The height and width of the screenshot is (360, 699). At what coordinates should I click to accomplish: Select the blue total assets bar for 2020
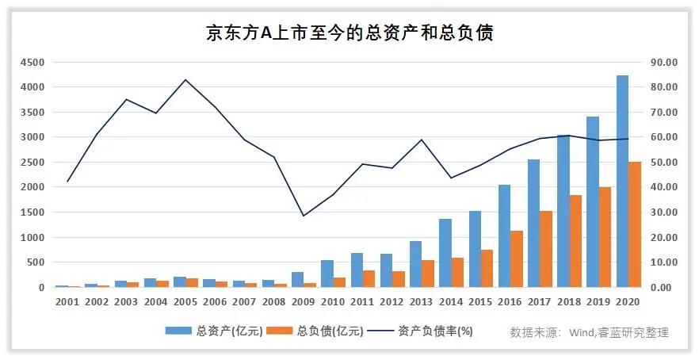coord(622,182)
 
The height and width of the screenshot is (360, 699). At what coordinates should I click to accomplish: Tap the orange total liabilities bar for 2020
coord(634,225)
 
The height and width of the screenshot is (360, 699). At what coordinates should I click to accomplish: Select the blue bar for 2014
coord(445,253)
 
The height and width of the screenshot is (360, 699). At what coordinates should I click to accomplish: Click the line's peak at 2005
coord(185,79)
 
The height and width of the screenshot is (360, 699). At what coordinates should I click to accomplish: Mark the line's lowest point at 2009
coord(303,216)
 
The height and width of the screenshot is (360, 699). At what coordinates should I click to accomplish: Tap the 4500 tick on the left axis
coord(33,62)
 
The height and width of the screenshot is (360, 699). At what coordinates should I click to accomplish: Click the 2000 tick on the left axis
coord(33,187)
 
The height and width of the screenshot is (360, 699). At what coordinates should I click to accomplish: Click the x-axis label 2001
coord(67,302)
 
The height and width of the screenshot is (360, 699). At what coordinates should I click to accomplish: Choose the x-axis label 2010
coord(333,302)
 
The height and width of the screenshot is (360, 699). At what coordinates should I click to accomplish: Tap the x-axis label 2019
coord(598,302)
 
